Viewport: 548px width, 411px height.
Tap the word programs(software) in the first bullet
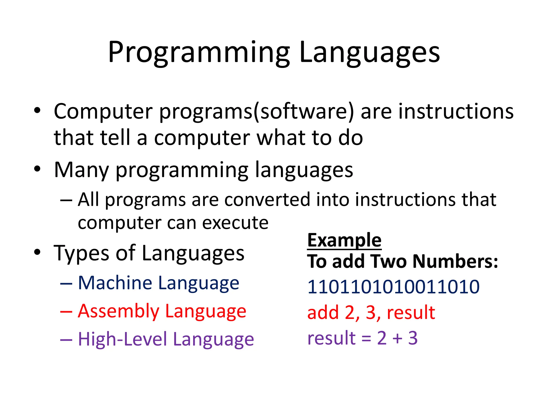point(256,112)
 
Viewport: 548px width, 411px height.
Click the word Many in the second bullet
point(81,170)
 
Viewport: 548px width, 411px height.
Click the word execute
point(235,223)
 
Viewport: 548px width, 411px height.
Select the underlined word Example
point(344,240)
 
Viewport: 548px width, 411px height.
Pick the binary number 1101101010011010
point(393,287)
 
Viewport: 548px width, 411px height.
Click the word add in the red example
point(323,312)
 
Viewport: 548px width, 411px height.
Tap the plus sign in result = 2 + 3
point(398,338)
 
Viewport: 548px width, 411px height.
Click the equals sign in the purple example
point(366,338)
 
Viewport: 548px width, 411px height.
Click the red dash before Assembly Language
point(66,312)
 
